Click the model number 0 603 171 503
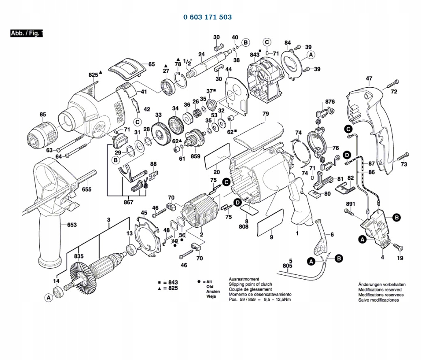pos(207,17)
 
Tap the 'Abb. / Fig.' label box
pos(26,33)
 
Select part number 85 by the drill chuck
pos(43,114)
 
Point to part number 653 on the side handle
pos(71,224)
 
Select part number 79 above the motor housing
pos(265,114)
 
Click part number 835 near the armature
pos(79,256)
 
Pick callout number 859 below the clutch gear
pos(196,156)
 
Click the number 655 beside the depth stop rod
pos(86,189)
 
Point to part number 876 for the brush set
pos(330,101)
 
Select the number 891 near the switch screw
pos(351,203)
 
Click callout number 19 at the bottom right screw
pos(400,258)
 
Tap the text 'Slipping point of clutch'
pos(250,284)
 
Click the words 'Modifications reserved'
pos(379,290)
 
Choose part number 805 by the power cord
pos(287,266)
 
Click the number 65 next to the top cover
pos(151,64)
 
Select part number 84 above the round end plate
pos(288,43)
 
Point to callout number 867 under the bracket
pos(128,202)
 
